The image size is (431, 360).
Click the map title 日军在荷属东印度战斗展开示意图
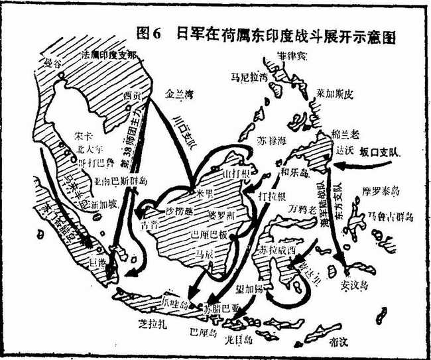click(x=278, y=35)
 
